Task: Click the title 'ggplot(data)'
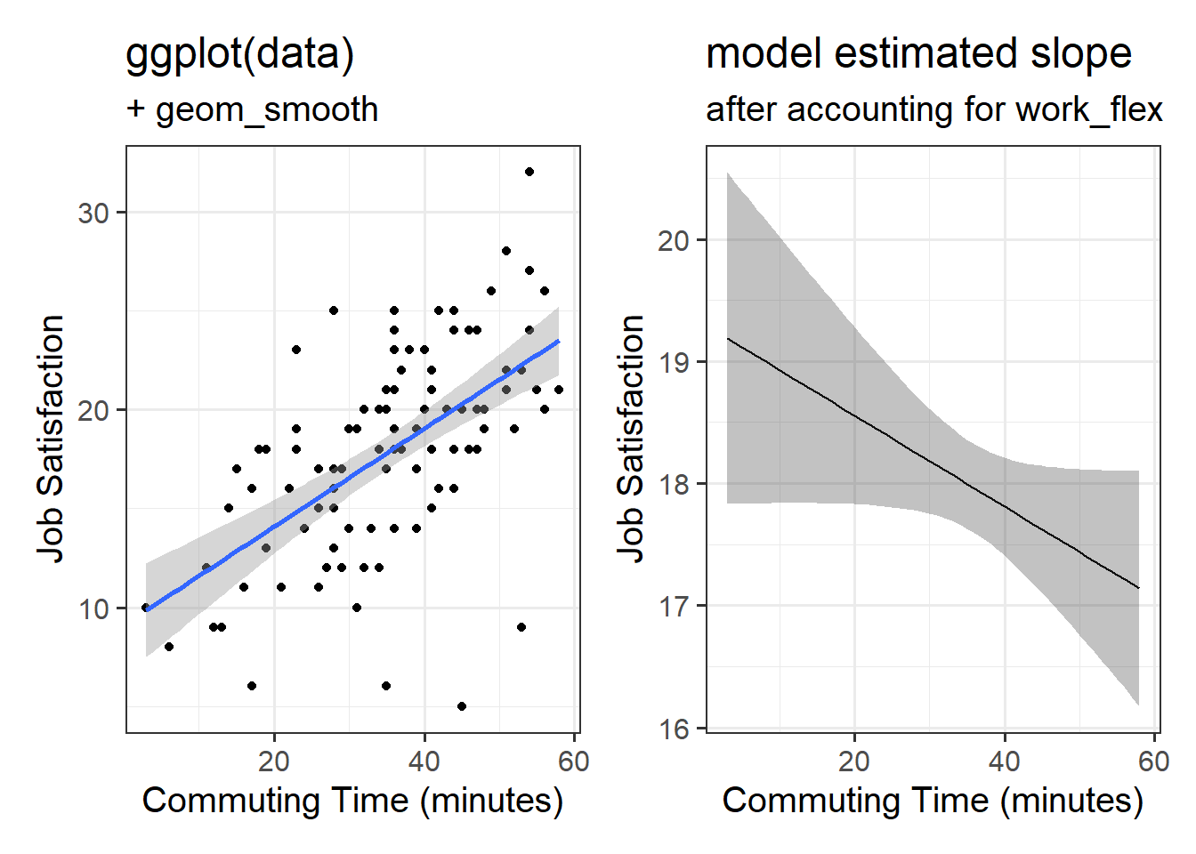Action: (240, 53)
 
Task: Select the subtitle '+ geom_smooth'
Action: (253, 109)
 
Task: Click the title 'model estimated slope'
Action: (918, 53)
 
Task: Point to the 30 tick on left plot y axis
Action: (93, 213)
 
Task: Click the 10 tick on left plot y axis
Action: (93, 608)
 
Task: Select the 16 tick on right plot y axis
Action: (674, 729)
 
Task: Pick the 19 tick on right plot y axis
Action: (674, 362)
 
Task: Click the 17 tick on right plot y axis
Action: (674, 607)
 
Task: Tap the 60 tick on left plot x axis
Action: (574, 761)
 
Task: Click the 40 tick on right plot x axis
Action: (1005, 761)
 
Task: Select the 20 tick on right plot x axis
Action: (854, 761)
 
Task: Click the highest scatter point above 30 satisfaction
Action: (529, 172)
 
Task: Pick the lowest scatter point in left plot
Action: (462, 706)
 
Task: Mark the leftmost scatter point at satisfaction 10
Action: (146, 608)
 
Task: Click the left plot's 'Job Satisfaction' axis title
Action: (51, 439)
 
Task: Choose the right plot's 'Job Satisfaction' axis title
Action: (631, 439)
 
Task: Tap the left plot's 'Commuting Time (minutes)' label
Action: (352, 801)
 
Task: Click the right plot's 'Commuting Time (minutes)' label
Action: (933, 801)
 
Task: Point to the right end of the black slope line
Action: (1138, 587)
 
